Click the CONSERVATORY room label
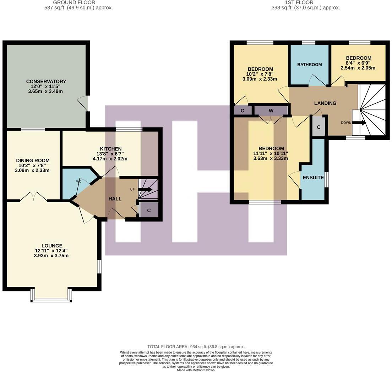click(x=46, y=81)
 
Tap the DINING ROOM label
click(x=33, y=160)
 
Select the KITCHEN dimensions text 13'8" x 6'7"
click(x=110, y=154)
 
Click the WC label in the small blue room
click(x=78, y=181)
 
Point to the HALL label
click(x=115, y=199)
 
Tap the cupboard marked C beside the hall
click(x=149, y=210)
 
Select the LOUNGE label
click(x=52, y=246)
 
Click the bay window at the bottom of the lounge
click(x=51, y=300)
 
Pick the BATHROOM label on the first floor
click(x=309, y=65)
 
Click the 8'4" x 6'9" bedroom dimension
click(x=358, y=63)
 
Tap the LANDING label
click(x=325, y=103)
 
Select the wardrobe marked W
click(x=271, y=111)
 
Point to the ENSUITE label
click(x=313, y=177)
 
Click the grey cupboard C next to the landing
click(x=318, y=127)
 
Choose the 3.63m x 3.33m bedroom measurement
click(x=270, y=158)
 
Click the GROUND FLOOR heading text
click(x=74, y=2)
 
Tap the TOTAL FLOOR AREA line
click(x=196, y=347)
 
